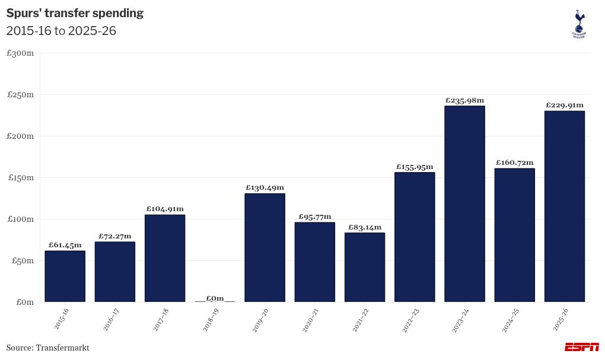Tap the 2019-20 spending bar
click(x=265, y=247)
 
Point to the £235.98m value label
click(x=464, y=100)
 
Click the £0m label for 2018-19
click(x=215, y=298)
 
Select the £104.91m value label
click(x=165, y=209)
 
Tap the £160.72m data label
click(x=514, y=163)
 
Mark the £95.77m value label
click(x=314, y=216)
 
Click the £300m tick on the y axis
click(x=20, y=53)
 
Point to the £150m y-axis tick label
click(x=20, y=178)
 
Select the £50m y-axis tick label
click(x=22, y=261)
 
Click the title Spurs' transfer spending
click(x=75, y=13)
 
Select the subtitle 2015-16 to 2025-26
click(x=61, y=31)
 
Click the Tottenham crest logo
click(x=578, y=24)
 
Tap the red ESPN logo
click(x=581, y=347)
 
